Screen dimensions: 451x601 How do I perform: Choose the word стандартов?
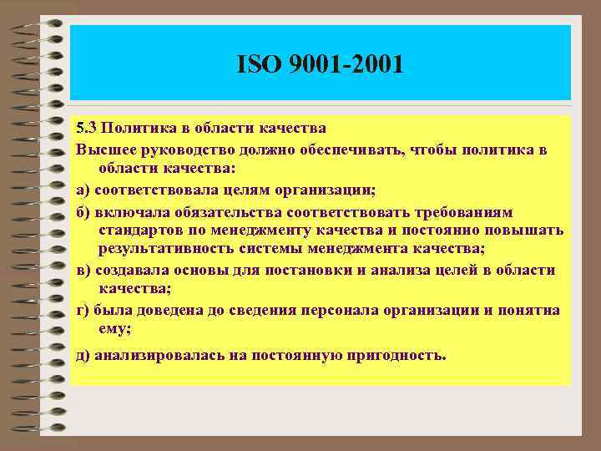(140, 230)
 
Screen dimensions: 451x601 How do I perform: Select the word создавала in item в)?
(134, 270)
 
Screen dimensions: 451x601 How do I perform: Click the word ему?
(113, 329)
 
